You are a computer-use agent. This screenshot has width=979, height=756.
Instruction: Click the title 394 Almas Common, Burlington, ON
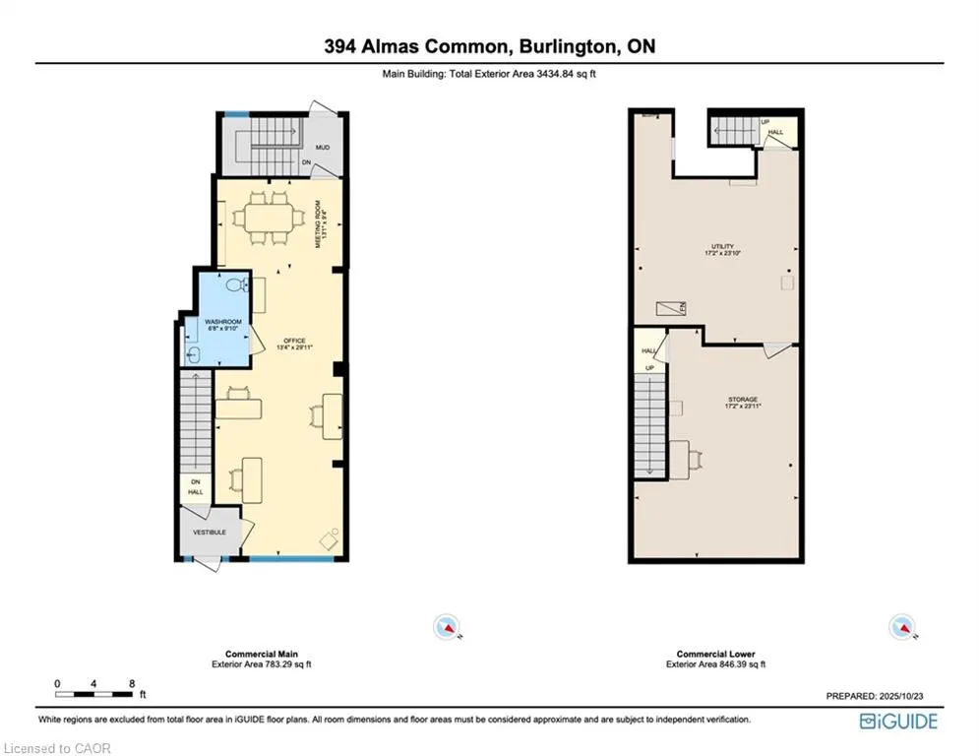(489, 46)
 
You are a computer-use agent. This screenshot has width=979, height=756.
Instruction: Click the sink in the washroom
(194, 352)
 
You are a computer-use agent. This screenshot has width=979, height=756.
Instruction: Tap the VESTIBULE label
(209, 533)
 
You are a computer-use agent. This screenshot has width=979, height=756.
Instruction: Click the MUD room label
(322, 148)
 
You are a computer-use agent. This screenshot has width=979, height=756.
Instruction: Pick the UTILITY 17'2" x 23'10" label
(723, 250)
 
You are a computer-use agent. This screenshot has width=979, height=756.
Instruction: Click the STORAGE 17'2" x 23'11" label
(729, 402)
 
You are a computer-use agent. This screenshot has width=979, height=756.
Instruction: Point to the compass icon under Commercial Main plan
(447, 626)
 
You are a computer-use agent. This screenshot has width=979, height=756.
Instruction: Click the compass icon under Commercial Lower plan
(899, 626)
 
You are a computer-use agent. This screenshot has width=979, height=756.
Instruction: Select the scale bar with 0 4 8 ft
(94, 693)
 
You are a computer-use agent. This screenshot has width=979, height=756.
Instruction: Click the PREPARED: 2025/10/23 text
(875, 696)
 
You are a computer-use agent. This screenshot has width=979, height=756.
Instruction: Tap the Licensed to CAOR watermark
(56, 748)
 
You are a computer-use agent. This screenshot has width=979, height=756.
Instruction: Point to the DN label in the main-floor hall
(195, 481)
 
